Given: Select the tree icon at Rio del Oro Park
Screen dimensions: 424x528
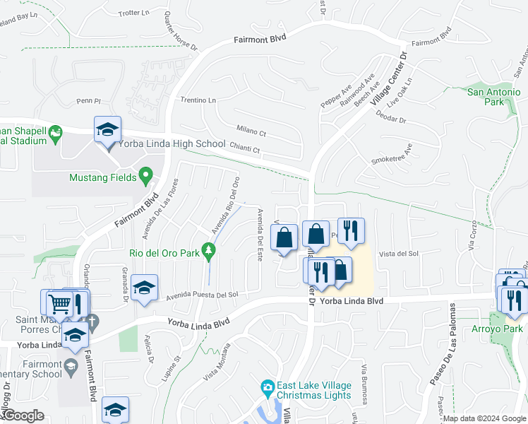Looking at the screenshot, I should click(208, 251).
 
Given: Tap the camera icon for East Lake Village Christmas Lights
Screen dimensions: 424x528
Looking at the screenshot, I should click(268, 387).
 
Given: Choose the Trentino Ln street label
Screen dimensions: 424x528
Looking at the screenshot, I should click(198, 100).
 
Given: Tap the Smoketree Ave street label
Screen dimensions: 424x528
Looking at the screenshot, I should click(392, 157).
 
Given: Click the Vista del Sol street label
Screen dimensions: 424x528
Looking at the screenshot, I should click(400, 254).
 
